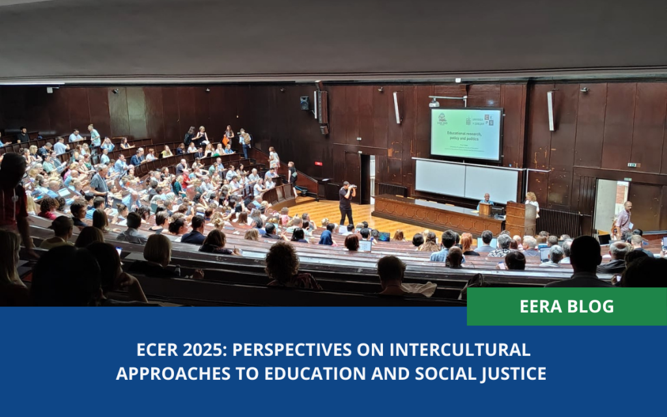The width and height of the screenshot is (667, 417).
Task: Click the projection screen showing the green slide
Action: tap(466, 134)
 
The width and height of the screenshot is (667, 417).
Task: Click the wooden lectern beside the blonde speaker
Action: tap(516, 218)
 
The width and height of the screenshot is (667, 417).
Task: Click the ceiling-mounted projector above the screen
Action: tap(434, 103)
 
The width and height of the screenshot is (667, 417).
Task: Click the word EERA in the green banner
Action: tap(541, 306)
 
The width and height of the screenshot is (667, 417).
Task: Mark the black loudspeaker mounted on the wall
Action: tap(305, 103)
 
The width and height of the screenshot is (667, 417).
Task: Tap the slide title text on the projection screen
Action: tap(465, 139)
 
